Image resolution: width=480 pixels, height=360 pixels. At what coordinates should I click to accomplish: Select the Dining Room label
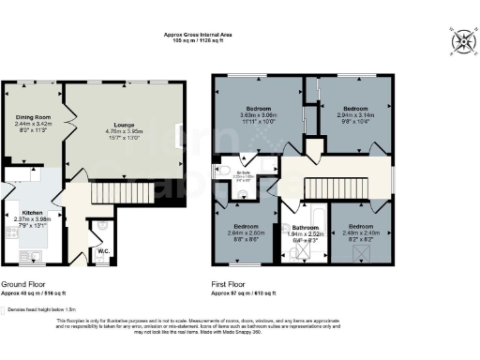click(32, 117)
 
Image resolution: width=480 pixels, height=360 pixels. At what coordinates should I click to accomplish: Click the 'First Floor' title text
click(234, 283)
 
